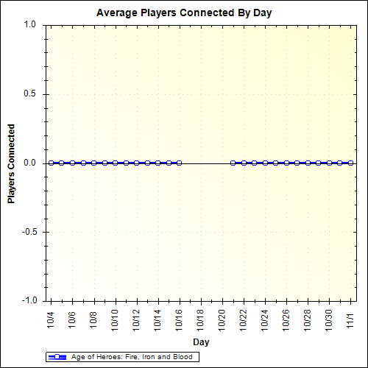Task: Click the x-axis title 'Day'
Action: point(201,342)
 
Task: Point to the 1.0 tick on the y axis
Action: point(30,24)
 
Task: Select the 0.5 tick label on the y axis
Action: point(30,94)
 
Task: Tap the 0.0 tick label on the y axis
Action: point(30,163)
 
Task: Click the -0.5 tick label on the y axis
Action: point(29,233)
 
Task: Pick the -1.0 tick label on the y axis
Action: point(29,301)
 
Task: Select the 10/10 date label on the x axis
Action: point(115,321)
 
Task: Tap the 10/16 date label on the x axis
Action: point(179,321)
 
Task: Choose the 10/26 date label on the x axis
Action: point(286,321)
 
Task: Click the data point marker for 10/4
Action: point(51,163)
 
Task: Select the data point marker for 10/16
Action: point(179,163)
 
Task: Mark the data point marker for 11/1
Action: point(351,163)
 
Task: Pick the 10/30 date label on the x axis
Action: point(329,321)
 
